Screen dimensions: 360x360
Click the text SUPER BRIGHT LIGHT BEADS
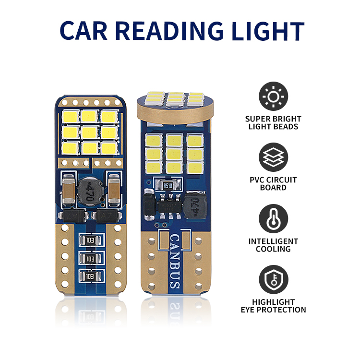click(274, 123)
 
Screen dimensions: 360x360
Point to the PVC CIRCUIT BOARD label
click(274, 184)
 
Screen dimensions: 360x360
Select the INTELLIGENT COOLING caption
click(274, 245)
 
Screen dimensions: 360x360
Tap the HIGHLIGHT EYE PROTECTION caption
click(274, 306)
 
